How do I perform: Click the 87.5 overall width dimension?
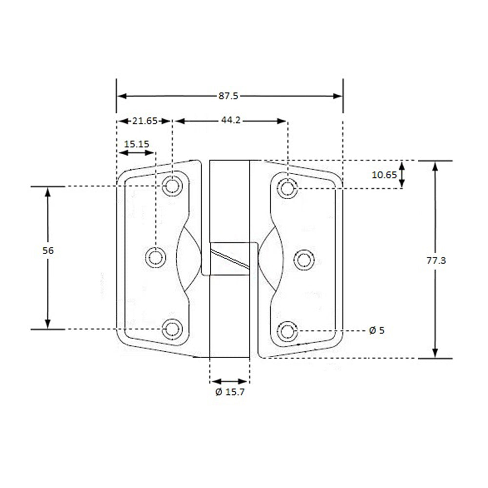click(x=228, y=96)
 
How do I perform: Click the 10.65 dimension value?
click(x=384, y=175)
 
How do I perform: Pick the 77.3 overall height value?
click(x=436, y=261)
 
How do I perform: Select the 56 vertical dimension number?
click(x=48, y=250)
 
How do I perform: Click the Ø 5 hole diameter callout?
click(x=377, y=330)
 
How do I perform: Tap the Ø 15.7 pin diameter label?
click(x=229, y=392)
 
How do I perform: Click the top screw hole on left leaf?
click(x=172, y=186)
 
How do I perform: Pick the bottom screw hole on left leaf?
click(x=172, y=329)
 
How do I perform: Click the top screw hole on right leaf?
click(x=288, y=187)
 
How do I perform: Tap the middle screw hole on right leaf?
click(x=304, y=259)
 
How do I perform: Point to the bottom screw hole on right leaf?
click(x=288, y=331)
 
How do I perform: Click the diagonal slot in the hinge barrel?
click(x=229, y=258)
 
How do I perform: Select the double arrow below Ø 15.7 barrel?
click(x=229, y=381)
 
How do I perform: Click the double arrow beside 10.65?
click(x=402, y=175)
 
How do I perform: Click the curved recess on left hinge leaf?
click(x=188, y=259)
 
